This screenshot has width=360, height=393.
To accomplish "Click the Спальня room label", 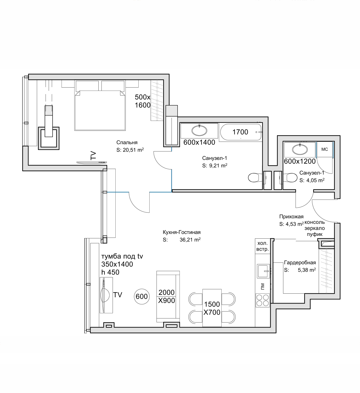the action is click(127, 142).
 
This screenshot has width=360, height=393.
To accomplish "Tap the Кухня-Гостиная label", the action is click(182, 232).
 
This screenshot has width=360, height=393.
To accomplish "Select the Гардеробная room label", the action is click(300, 263).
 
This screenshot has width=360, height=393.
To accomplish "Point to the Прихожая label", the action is click(291, 217).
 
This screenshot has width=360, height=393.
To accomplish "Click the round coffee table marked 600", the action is click(142, 297).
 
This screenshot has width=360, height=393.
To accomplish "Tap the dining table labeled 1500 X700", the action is click(212, 308).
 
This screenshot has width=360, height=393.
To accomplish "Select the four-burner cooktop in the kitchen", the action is click(263, 300).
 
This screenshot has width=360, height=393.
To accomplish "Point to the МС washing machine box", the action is click(325, 149).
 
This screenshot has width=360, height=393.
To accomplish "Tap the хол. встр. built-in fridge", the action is click(263, 246).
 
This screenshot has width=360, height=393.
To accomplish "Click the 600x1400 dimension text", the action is click(199, 142).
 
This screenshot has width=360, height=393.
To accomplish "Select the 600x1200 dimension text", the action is click(300, 161).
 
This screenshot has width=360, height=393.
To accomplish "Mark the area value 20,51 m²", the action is click(133, 150).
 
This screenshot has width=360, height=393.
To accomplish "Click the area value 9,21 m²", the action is click(218, 166).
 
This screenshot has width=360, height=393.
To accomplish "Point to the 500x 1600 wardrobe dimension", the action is click(143, 101).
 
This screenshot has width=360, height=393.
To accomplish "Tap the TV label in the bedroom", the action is click(93, 155).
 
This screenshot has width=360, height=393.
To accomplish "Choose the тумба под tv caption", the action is click(122, 256).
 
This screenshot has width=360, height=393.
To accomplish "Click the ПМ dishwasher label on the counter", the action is click(263, 286).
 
